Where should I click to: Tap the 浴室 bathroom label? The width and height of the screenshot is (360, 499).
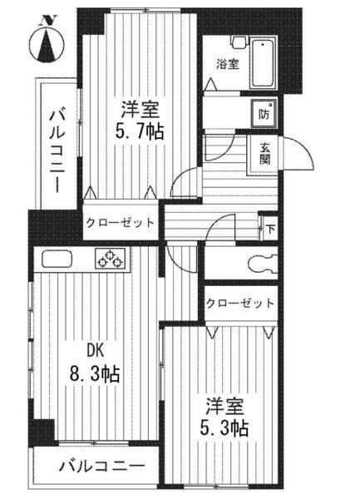228,63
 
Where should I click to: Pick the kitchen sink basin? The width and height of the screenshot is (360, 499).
57,259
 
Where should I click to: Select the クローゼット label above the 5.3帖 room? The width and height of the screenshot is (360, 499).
239,304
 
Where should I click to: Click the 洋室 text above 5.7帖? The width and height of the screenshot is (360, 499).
137,109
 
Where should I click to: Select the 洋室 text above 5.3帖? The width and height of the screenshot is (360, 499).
224,407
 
